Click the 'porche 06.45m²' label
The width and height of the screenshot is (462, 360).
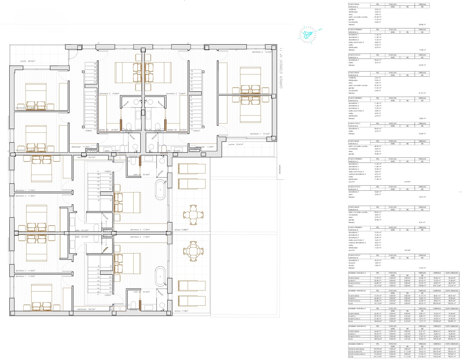pos(28,61)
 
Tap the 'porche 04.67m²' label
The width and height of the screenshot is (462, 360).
pos(236,144)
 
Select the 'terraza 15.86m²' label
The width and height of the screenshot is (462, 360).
pos(181,230)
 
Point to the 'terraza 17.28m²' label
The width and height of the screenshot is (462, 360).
pos(181,311)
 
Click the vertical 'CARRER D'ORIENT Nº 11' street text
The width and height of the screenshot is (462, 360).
pos(281,68)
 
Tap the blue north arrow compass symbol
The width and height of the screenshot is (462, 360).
pos(307,34)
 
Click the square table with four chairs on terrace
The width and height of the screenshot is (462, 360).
pos(193,215)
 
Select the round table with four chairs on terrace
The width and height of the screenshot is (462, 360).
pos(193,251)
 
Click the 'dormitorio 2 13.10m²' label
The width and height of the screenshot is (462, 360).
pos(262,52)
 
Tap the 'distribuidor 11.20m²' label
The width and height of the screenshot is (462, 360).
pos(80,147)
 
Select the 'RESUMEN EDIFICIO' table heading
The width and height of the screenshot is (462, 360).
pos(356,344)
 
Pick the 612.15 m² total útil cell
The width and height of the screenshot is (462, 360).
pos(378,357)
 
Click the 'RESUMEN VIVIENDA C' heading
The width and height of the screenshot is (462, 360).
pos(357,309)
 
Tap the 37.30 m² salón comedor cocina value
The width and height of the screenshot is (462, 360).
pos(378,17)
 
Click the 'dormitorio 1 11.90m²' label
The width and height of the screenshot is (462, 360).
pos(25,150)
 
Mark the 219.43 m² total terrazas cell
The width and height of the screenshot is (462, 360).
pos(422,357)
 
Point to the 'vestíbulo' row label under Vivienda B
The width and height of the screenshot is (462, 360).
pos(352,78)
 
